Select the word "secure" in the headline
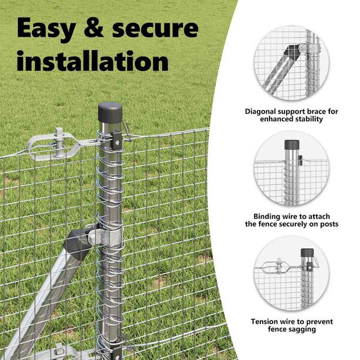155,29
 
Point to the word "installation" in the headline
92,60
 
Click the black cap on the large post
110,113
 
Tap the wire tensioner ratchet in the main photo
55,145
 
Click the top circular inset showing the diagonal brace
292,63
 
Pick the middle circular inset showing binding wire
292,168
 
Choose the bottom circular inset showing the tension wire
292,274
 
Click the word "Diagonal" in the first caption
260,112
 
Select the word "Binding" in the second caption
267,217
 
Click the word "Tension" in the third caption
265,322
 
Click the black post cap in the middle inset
292,145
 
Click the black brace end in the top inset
289,52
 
